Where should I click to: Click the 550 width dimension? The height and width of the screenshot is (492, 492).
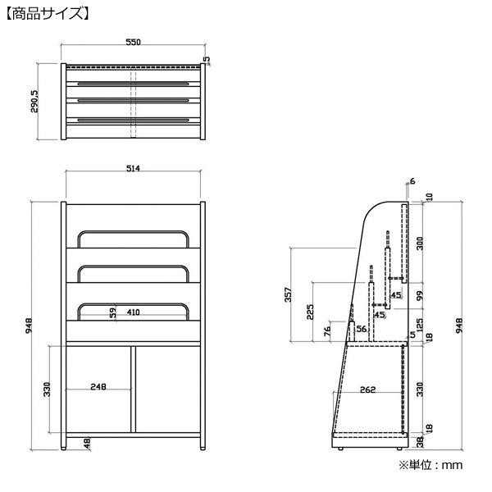pyautogui.click(x=133, y=42)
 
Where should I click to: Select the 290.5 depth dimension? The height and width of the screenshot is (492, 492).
pyautogui.click(x=34, y=102)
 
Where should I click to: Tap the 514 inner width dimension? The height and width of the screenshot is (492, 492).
pyautogui.click(x=133, y=168)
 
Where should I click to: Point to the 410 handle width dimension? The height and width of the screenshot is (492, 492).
pyautogui.click(x=134, y=312)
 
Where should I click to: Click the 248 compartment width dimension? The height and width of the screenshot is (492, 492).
pyautogui.click(x=98, y=386)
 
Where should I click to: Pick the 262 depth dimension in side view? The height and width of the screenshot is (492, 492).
pyautogui.click(x=367, y=389)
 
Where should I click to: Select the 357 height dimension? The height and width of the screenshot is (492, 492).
pyautogui.click(x=288, y=294)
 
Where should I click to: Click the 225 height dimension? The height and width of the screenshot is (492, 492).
pyautogui.click(x=310, y=312)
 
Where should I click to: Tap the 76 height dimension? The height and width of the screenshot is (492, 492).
pyautogui.click(x=327, y=331)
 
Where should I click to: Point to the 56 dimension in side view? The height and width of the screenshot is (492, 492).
pyautogui.click(x=361, y=329)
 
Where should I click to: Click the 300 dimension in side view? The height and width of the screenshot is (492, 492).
pyautogui.click(x=420, y=244)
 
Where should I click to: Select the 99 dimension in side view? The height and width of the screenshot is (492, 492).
pyautogui.click(x=420, y=295)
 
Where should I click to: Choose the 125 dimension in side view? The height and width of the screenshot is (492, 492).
pyautogui.click(x=420, y=325)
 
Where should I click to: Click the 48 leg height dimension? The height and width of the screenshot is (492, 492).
pyautogui.click(x=87, y=443)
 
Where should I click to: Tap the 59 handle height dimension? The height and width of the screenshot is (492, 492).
pyautogui.click(x=112, y=312)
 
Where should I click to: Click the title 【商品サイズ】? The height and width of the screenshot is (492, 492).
pyautogui.click(x=48, y=14)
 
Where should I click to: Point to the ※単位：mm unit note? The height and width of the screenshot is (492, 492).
pyautogui.click(x=430, y=465)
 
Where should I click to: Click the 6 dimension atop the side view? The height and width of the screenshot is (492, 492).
pyautogui.click(x=412, y=181)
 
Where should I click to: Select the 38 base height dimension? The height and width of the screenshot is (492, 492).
pyautogui.click(x=420, y=442)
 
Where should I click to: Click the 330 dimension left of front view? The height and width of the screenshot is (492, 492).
pyautogui.click(x=47, y=389)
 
